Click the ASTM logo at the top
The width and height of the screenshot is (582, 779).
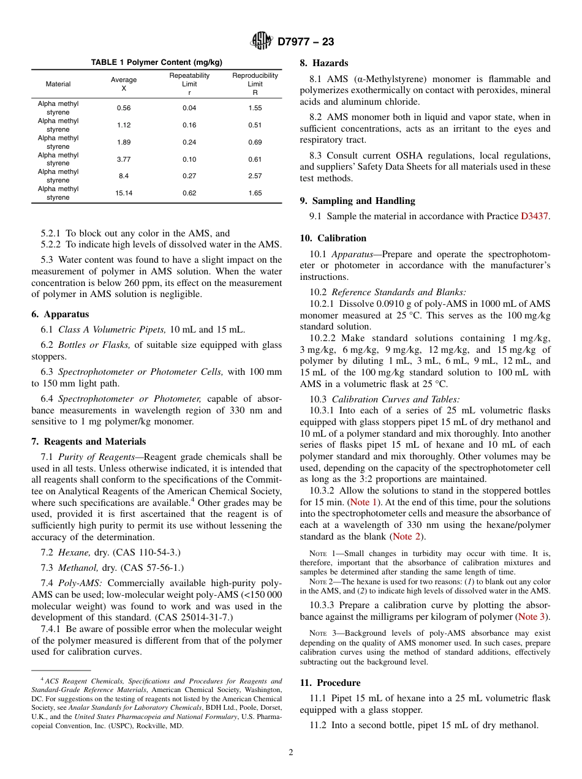[262, 42]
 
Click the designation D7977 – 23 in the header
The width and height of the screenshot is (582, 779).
[306, 42]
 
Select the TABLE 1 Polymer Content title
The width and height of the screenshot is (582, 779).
[157, 62]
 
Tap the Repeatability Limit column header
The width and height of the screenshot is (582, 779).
[189, 84]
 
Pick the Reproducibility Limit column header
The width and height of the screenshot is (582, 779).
[255, 84]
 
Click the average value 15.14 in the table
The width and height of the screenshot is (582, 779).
[124, 193]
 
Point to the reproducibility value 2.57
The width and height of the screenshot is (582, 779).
[255, 176]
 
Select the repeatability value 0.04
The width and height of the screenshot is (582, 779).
[189, 108]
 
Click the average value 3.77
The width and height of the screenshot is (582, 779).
[124, 159]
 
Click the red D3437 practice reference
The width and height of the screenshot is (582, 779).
[535, 216]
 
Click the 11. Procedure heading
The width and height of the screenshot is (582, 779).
[330, 683]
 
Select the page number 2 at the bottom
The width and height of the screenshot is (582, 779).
[291, 753]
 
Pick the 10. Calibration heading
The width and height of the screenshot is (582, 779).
[333, 238]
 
